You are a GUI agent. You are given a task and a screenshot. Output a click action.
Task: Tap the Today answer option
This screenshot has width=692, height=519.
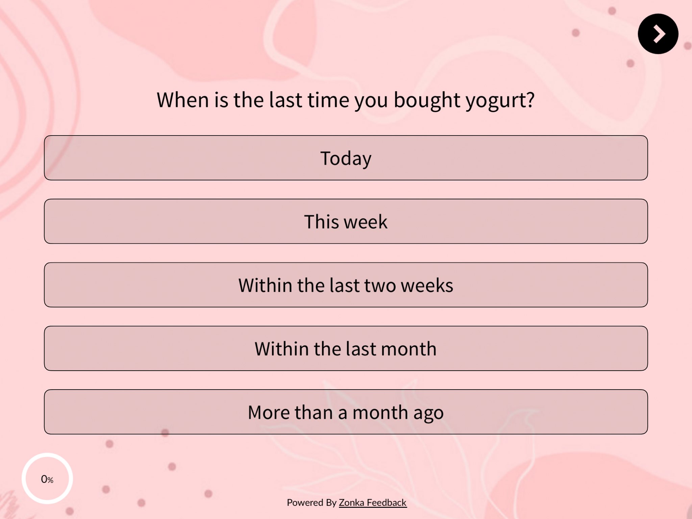346,158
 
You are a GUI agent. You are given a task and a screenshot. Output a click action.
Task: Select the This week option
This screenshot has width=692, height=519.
346,221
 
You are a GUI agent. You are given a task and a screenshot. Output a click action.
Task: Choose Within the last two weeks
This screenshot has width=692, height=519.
346,285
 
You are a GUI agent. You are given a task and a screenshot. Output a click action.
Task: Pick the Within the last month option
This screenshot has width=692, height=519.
346,348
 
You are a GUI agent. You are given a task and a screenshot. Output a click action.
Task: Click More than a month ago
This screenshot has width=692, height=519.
346,412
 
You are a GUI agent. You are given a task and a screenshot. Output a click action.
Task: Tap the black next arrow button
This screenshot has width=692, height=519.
658,34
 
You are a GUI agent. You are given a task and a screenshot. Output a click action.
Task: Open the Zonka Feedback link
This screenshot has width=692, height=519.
373,503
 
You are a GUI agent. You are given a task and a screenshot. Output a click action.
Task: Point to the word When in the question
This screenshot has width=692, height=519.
183,100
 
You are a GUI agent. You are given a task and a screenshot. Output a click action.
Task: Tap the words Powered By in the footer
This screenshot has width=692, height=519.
312,503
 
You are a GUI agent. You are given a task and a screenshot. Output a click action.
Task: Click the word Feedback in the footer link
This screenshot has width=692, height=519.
387,503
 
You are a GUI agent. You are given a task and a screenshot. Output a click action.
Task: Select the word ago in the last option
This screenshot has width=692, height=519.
428,414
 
